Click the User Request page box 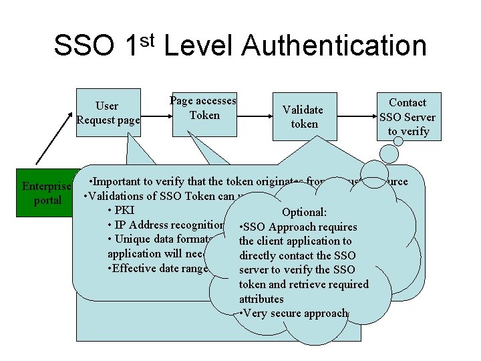click(108, 112)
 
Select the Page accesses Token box click(203, 109)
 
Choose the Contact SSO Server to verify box click(408, 116)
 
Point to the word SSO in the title click(85, 46)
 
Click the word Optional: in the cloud click(304, 212)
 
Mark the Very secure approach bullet click(293, 313)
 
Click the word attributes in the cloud click(261, 299)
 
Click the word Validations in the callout click(115, 196)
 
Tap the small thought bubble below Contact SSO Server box click(379, 171)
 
